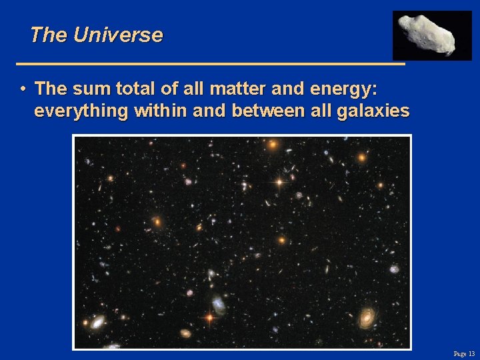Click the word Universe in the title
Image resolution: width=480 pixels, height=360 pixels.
click(118, 35)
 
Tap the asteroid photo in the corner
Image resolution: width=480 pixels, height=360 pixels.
click(431, 35)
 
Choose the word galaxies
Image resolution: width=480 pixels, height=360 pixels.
click(373, 111)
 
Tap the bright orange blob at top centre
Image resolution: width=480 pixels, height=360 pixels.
click(272, 144)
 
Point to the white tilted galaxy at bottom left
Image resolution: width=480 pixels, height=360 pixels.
click(99, 323)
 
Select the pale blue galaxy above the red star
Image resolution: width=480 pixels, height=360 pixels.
click(219, 305)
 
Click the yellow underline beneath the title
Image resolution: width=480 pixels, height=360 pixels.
click(210, 64)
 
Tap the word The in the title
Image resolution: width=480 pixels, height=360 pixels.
click(49, 35)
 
